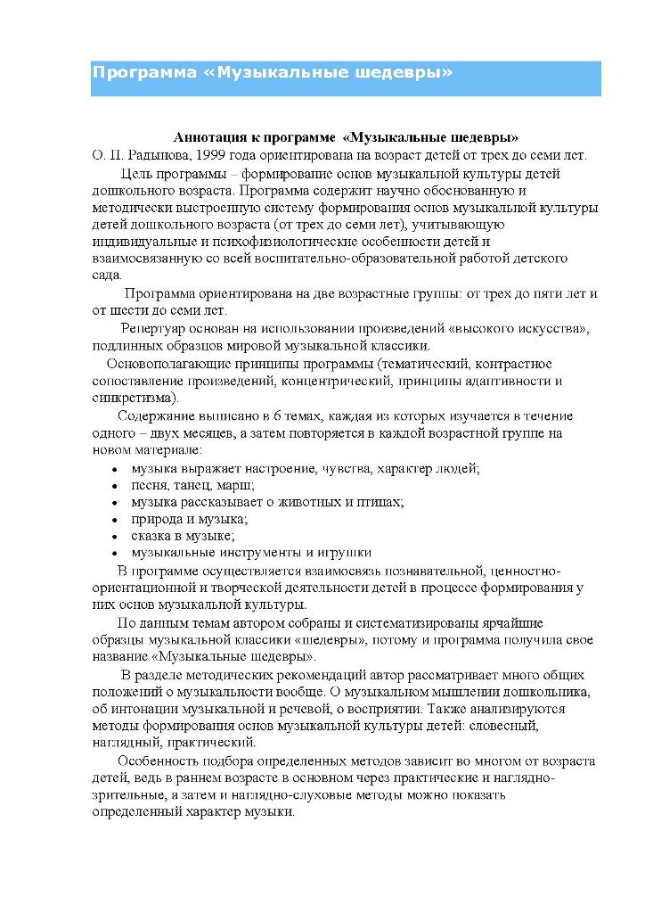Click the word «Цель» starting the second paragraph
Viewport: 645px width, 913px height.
(x=138, y=173)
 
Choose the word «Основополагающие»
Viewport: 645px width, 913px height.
(x=166, y=364)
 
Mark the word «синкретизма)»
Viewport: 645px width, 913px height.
(x=135, y=398)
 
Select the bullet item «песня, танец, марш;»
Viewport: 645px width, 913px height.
(x=192, y=485)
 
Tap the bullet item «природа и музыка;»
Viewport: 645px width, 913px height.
(x=189, y=519)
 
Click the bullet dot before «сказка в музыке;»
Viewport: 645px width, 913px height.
(x=114, y=537)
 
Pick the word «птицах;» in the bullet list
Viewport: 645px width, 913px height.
(x=377, y=502)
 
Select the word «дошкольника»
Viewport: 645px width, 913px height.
(x=551, y=692)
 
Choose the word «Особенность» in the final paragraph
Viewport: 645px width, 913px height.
(x=156, y=761)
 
